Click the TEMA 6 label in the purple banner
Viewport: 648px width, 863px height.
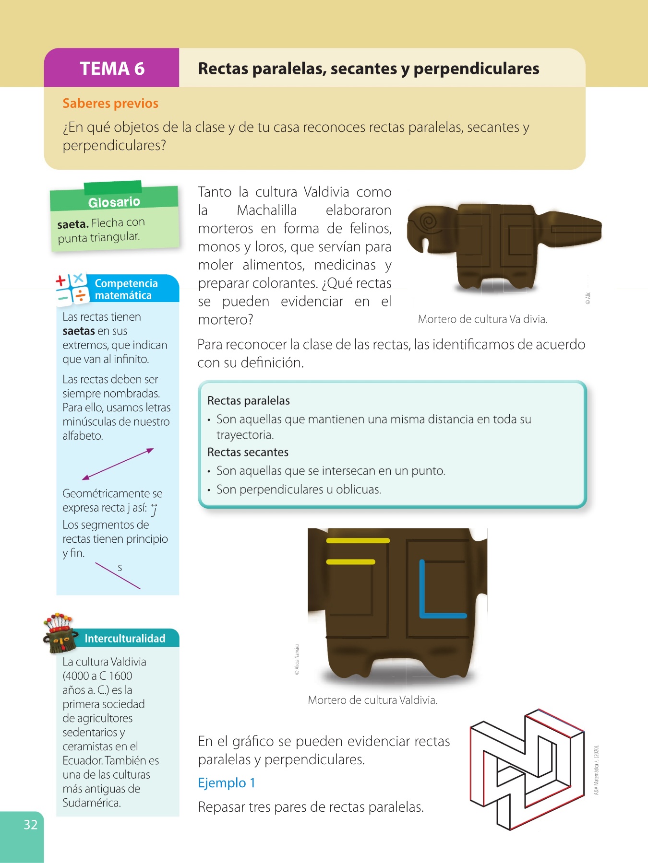112,69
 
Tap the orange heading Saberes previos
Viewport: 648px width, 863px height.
110,103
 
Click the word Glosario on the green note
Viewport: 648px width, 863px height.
114,202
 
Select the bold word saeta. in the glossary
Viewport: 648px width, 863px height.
73,224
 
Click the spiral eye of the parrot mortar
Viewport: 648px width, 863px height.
428,221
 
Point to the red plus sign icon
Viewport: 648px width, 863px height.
61,281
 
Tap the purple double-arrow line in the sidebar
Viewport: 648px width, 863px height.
118,464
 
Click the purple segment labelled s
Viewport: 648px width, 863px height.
118,575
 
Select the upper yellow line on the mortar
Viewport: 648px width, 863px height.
358,541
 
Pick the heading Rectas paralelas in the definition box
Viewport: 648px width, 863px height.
249,400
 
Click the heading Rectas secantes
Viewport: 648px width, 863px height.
248,452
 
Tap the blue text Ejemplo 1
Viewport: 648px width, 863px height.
227,783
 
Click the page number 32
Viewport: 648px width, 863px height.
31,824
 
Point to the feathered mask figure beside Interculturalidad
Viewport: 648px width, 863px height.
60,632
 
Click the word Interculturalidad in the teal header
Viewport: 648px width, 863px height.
125,639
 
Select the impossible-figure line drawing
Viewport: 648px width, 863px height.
527,770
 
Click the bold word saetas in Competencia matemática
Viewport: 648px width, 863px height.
79,331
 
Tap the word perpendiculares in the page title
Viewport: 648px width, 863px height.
476,69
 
